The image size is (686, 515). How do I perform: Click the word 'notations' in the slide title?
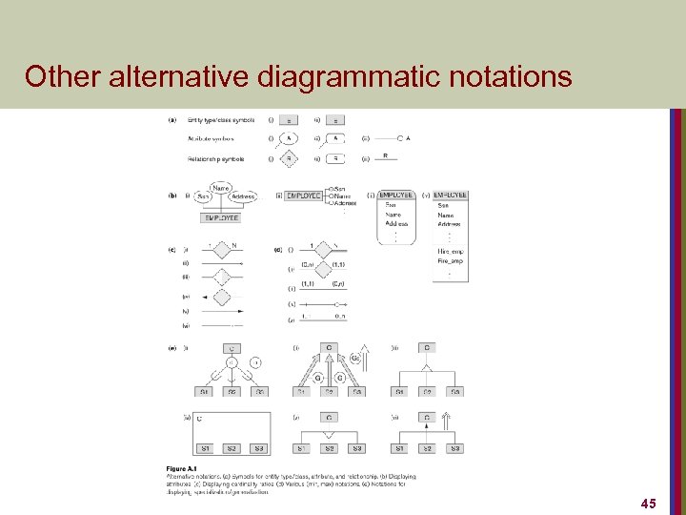[x=508, y=75]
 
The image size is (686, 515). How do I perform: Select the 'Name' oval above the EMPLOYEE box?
[x=221, y=187]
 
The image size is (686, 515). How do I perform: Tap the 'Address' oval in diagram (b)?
[x=242, y=196]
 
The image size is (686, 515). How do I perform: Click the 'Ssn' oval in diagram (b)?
[x=202, y=196]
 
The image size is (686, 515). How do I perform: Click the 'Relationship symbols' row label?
[x=216, y=158]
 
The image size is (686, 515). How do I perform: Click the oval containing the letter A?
[x=287, y=138]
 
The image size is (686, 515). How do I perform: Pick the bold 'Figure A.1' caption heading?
[x=182, y=468]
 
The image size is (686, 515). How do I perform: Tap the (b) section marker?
[x=172, y=195]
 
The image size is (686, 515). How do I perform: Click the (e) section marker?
[x=172, y=348]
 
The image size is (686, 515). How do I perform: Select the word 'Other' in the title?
[x=60, y=75]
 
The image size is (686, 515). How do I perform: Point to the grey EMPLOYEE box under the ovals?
[x=221, y=217]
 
